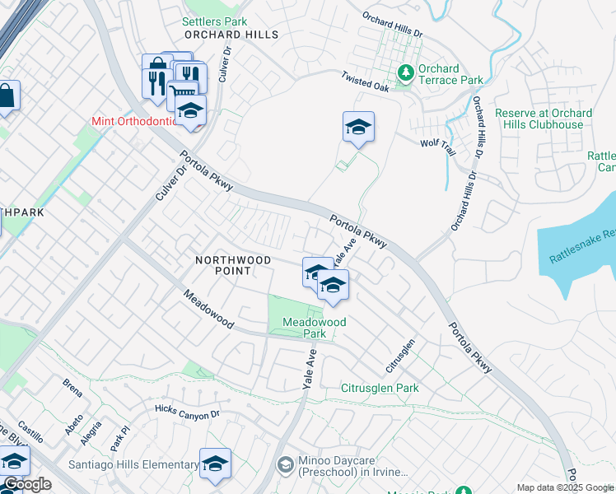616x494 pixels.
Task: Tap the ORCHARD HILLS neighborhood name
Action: [x=231, y=35]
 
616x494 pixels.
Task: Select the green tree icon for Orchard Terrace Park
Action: [x=404, y=74]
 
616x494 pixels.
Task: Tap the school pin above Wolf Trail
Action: [x=358, y=128]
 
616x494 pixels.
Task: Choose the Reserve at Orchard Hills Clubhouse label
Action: [x=543, y=119]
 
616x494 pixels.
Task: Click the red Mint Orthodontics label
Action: [x=135, y=121]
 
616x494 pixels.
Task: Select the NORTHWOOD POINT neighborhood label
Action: [x=232, y=266]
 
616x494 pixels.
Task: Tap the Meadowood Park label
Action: [x=314, y=328]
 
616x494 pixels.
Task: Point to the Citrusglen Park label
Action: [x=380, y=388]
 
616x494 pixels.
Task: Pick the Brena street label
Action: [x=72, y=383]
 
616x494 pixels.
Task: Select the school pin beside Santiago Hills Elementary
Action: [x=215, y=464]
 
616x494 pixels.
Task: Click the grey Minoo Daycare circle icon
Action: [x=285, y=466]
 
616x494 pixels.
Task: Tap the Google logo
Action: [x=27, y=485]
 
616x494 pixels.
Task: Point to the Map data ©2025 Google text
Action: [x=565, y=487]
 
